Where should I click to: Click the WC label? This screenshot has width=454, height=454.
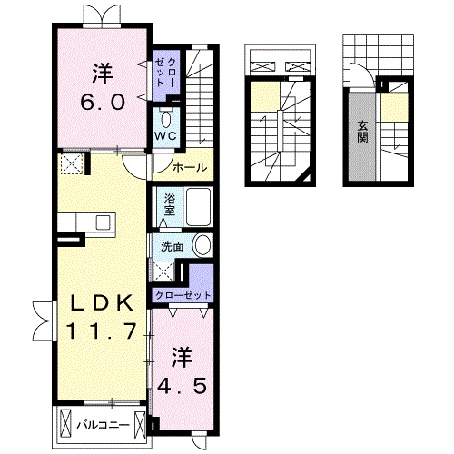(x=165, y=136)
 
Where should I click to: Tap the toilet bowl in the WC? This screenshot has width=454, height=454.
(x=165, y=120)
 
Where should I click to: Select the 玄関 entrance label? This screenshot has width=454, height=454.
(x=362, y=132)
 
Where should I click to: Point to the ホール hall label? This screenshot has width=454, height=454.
(x=190, y=167)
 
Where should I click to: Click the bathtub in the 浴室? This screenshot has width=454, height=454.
(x=198, y=207)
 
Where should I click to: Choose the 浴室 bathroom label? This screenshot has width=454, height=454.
(x=170, y=204)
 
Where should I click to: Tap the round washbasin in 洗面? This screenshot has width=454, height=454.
(x=202, y=246)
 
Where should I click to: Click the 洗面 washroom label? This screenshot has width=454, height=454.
(x=172, y=247)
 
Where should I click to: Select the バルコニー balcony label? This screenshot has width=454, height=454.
(x=103, y=425)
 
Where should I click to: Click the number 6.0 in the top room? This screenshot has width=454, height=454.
(x=103, y=103)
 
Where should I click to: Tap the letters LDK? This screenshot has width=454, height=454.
(x=102, y=303)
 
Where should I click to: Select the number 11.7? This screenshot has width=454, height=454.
(x=102, y=331)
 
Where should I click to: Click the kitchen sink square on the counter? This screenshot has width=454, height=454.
(x=103, y=222)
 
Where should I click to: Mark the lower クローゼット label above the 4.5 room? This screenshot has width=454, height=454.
(x=183, y=295)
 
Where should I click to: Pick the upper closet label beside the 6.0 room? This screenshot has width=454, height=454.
(x=165, y=72)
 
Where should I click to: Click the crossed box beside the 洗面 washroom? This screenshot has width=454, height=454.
(x=163, y=271)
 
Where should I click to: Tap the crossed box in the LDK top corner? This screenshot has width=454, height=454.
(x=72, y=163)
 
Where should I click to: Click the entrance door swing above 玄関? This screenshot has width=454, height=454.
(x=361, y=75)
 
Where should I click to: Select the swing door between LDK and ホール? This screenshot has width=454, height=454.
(x=135, y=167)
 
